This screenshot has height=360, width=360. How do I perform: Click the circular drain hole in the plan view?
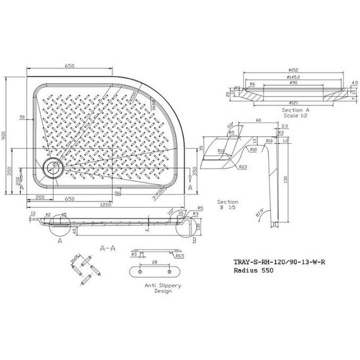pos(51,167)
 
